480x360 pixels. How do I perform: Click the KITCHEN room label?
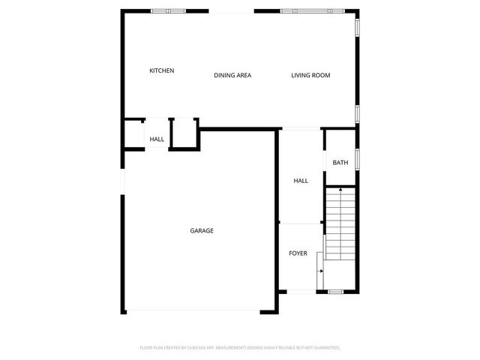coord(161,70)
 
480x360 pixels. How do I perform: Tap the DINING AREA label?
coord(232,75)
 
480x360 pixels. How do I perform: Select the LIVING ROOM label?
coord(310,75)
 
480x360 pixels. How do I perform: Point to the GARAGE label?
coord(202,230)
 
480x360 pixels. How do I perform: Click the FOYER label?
coord(298,253)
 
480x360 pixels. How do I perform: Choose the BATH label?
coord(340,162)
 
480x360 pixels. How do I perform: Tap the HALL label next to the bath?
coord(301,181)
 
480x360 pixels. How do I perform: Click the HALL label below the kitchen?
coord(157,139)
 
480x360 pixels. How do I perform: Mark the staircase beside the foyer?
coord(340,225)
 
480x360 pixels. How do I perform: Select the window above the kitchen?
coord(168,11)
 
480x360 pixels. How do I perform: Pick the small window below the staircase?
coord(335,291)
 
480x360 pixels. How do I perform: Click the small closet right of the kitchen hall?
coord(184,133)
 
